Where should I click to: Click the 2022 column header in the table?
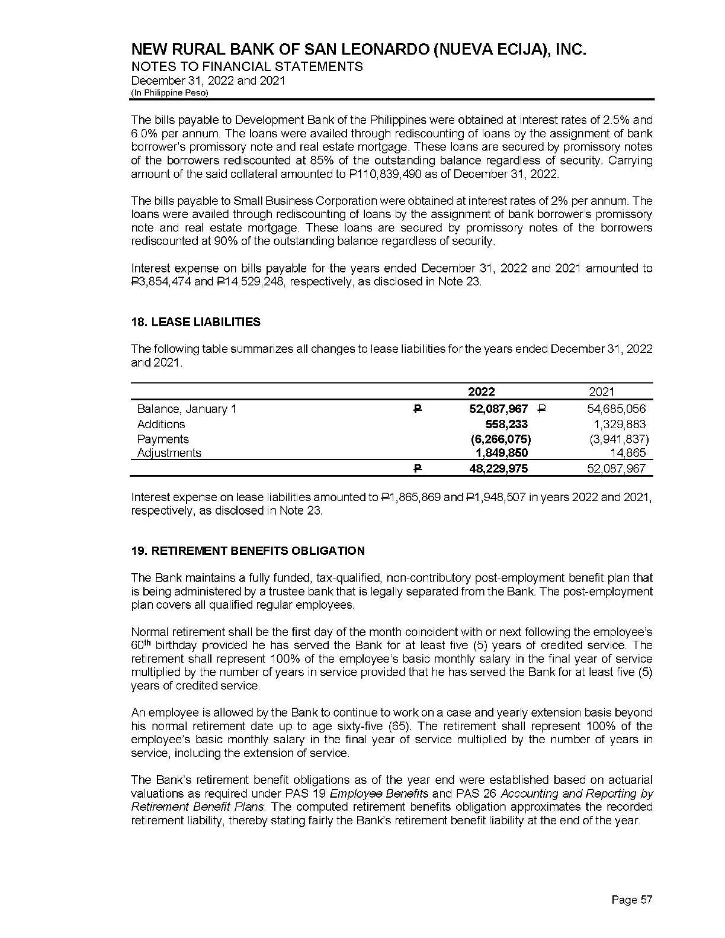click(x=482, y=391)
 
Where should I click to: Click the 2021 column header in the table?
click(x=602, y=391)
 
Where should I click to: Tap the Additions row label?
click(x=161, y=424)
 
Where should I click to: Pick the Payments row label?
click(x=163, y=439)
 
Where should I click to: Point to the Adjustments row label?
click(x=169, y=453)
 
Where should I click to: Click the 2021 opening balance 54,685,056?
click(x=616, y=409)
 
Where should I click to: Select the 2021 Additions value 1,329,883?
click(x=619, y=424)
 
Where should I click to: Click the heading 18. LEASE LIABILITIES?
click(x=195, y=322)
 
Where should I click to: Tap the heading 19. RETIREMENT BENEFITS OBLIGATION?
click(x=248, y=551)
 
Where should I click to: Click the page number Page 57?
click(x=631, y=900)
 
